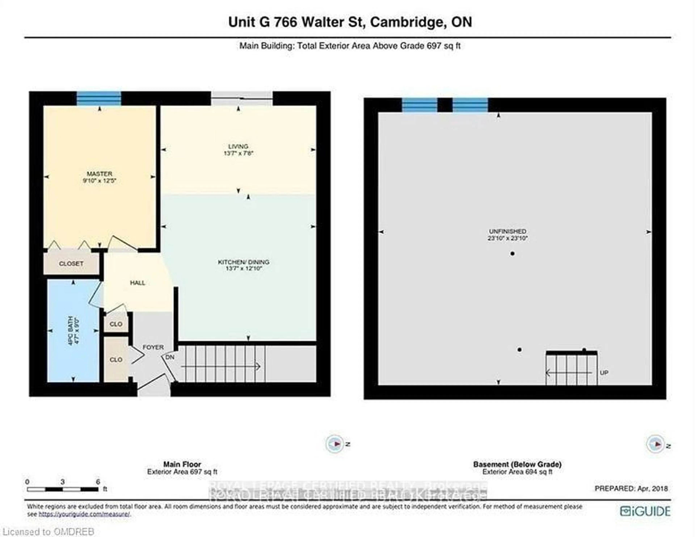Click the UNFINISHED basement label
(x=507, y=231)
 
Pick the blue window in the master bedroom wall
(x=99, y=98)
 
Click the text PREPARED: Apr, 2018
(x=631, y=488)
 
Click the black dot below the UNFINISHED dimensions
(x=512, y=254)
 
